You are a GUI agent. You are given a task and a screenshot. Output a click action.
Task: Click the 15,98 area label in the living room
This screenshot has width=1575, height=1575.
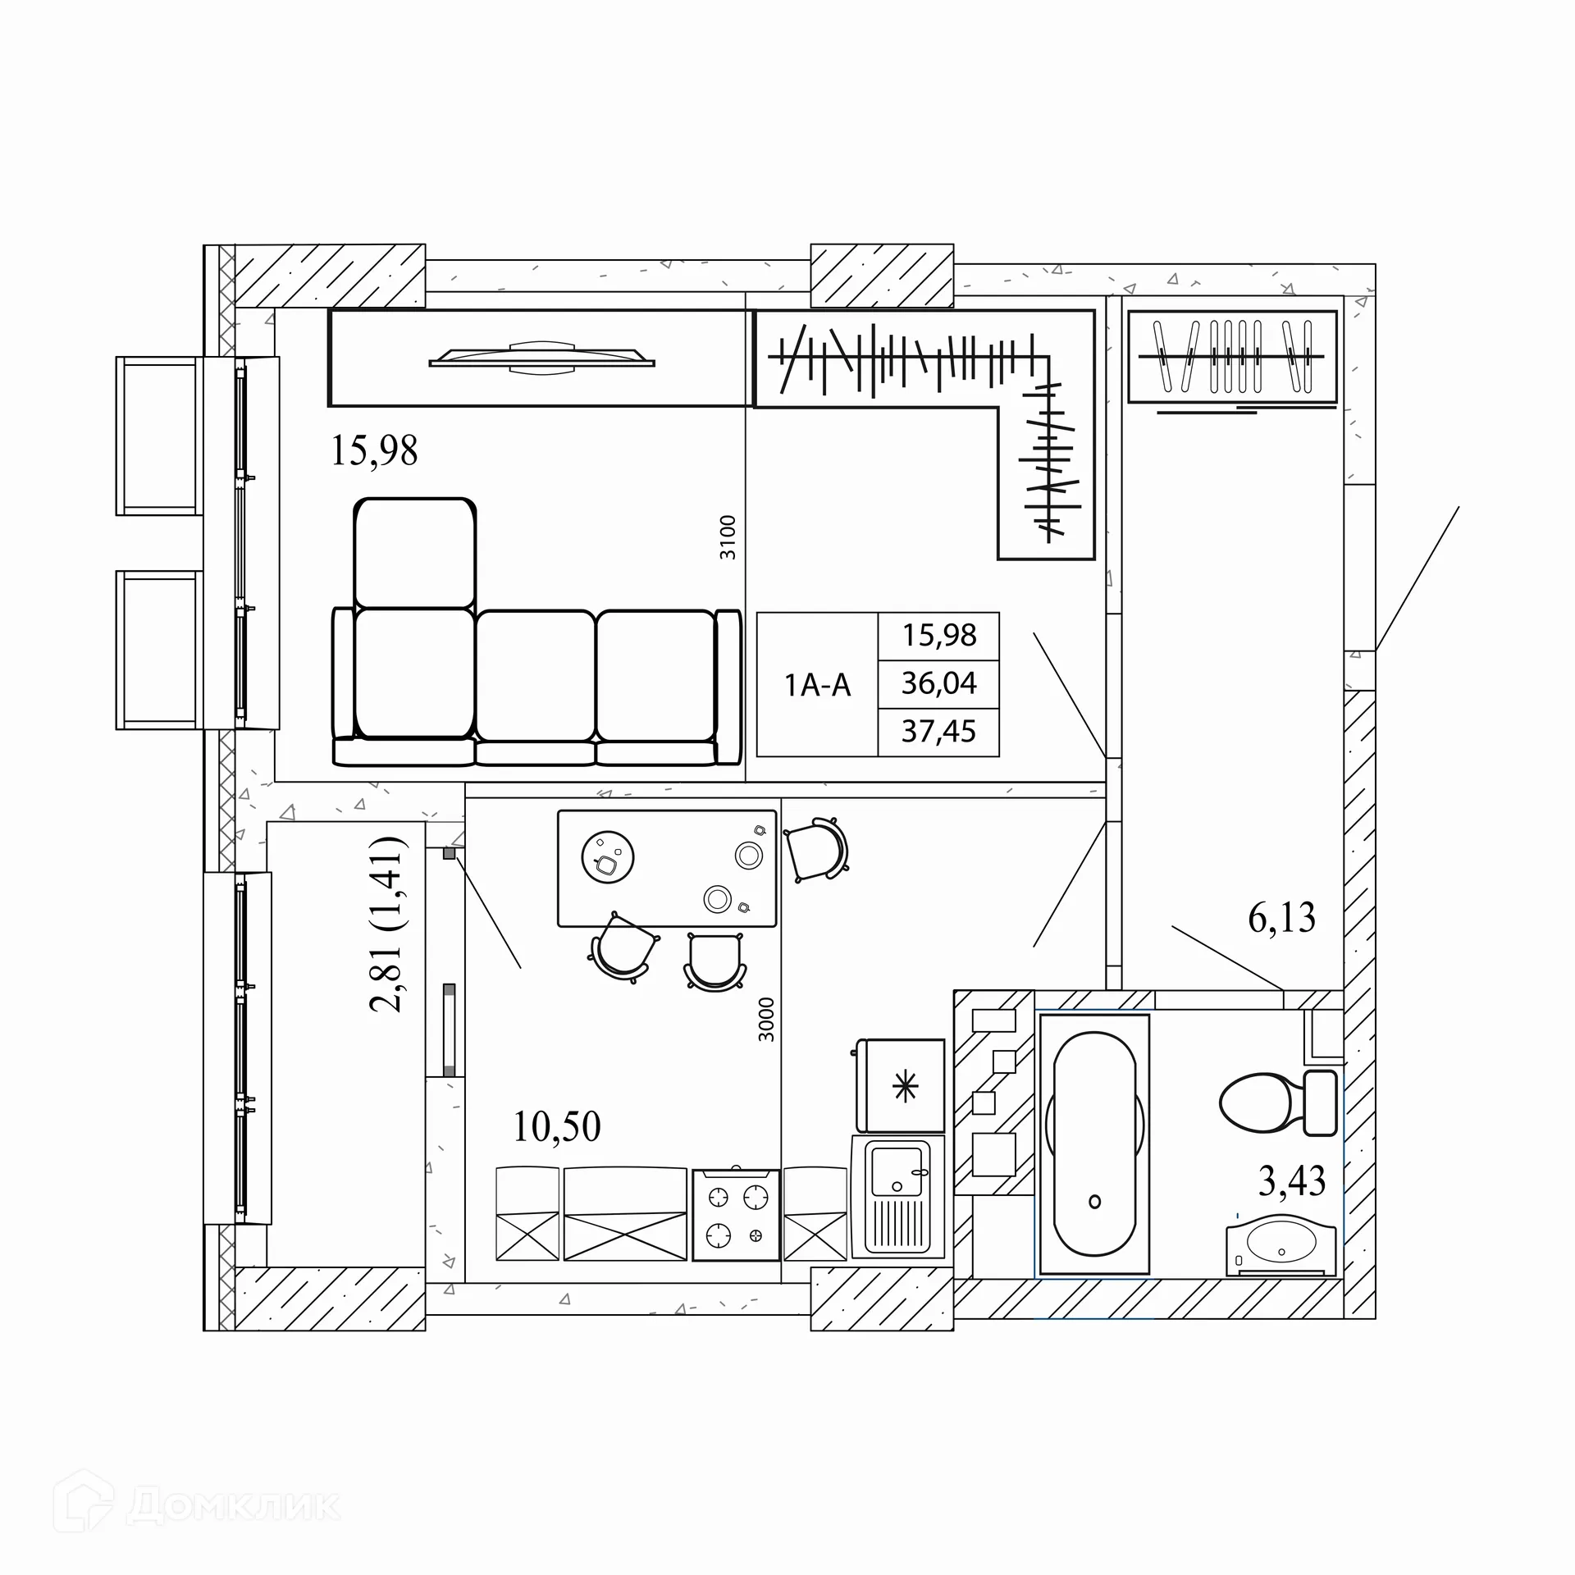(x=374, y=450)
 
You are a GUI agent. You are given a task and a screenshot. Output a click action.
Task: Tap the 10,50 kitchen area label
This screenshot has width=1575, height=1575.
(x=557, y=1126)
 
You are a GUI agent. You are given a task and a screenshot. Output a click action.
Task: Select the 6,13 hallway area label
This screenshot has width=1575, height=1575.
(x=1282, y=917)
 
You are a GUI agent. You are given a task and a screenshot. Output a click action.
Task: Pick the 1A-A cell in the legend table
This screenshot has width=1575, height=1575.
(x=818, y=684)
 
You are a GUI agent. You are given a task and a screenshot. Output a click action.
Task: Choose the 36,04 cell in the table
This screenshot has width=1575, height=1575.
(x=939, y=683)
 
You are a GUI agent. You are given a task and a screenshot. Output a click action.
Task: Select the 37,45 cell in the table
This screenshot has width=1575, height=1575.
(x=939, y=731)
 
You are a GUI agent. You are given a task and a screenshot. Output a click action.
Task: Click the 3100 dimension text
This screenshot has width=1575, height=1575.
(x=728, y=537)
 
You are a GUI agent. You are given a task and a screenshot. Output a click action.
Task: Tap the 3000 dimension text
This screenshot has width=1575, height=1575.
(x=766, y=1019)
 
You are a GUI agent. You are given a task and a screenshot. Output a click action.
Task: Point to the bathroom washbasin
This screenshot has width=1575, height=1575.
(x=1281, y=1249)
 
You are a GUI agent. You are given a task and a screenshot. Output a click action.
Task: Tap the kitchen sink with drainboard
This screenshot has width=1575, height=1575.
(x=898, y=1197)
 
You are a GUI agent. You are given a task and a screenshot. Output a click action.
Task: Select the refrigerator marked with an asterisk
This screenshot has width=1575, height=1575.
(x=900, y=1085)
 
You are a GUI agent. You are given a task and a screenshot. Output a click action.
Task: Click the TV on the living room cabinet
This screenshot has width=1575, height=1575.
(x=541, y=358)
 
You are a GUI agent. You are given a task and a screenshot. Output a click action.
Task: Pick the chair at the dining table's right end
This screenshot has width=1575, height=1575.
(x=816, y=849)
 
